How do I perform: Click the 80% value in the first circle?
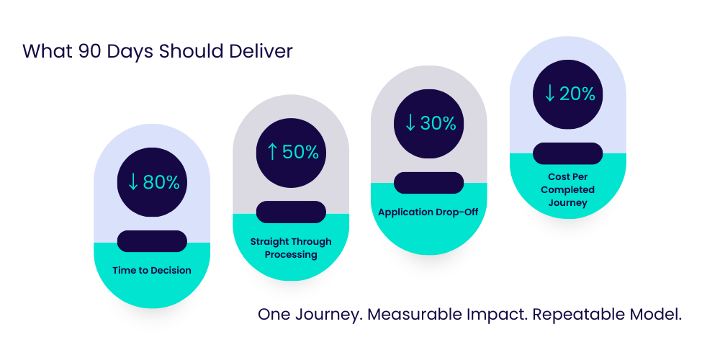click(x=161, y=182)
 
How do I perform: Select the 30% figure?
click(x=438, y=123)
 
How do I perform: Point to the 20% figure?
click(x=577, y=94)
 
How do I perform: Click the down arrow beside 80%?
click(x=132, y=182)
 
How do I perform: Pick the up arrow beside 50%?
click(x=271, y=153)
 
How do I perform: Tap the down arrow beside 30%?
click(x=410, y=123)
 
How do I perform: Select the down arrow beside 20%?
click(x=549, y=94)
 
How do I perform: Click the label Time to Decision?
click(x=152, y=271)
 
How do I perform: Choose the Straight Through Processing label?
click(x=291, y=248)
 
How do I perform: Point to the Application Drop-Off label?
click(x=428, y=212)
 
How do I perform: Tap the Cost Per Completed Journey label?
click(x=568, y=189)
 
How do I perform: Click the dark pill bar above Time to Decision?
click(x=152, y=241)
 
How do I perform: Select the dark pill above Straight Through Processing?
click(x=291, y=212)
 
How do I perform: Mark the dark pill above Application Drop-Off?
click(x=428, y=183)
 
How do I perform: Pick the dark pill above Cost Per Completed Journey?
click(x=568, y=153)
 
